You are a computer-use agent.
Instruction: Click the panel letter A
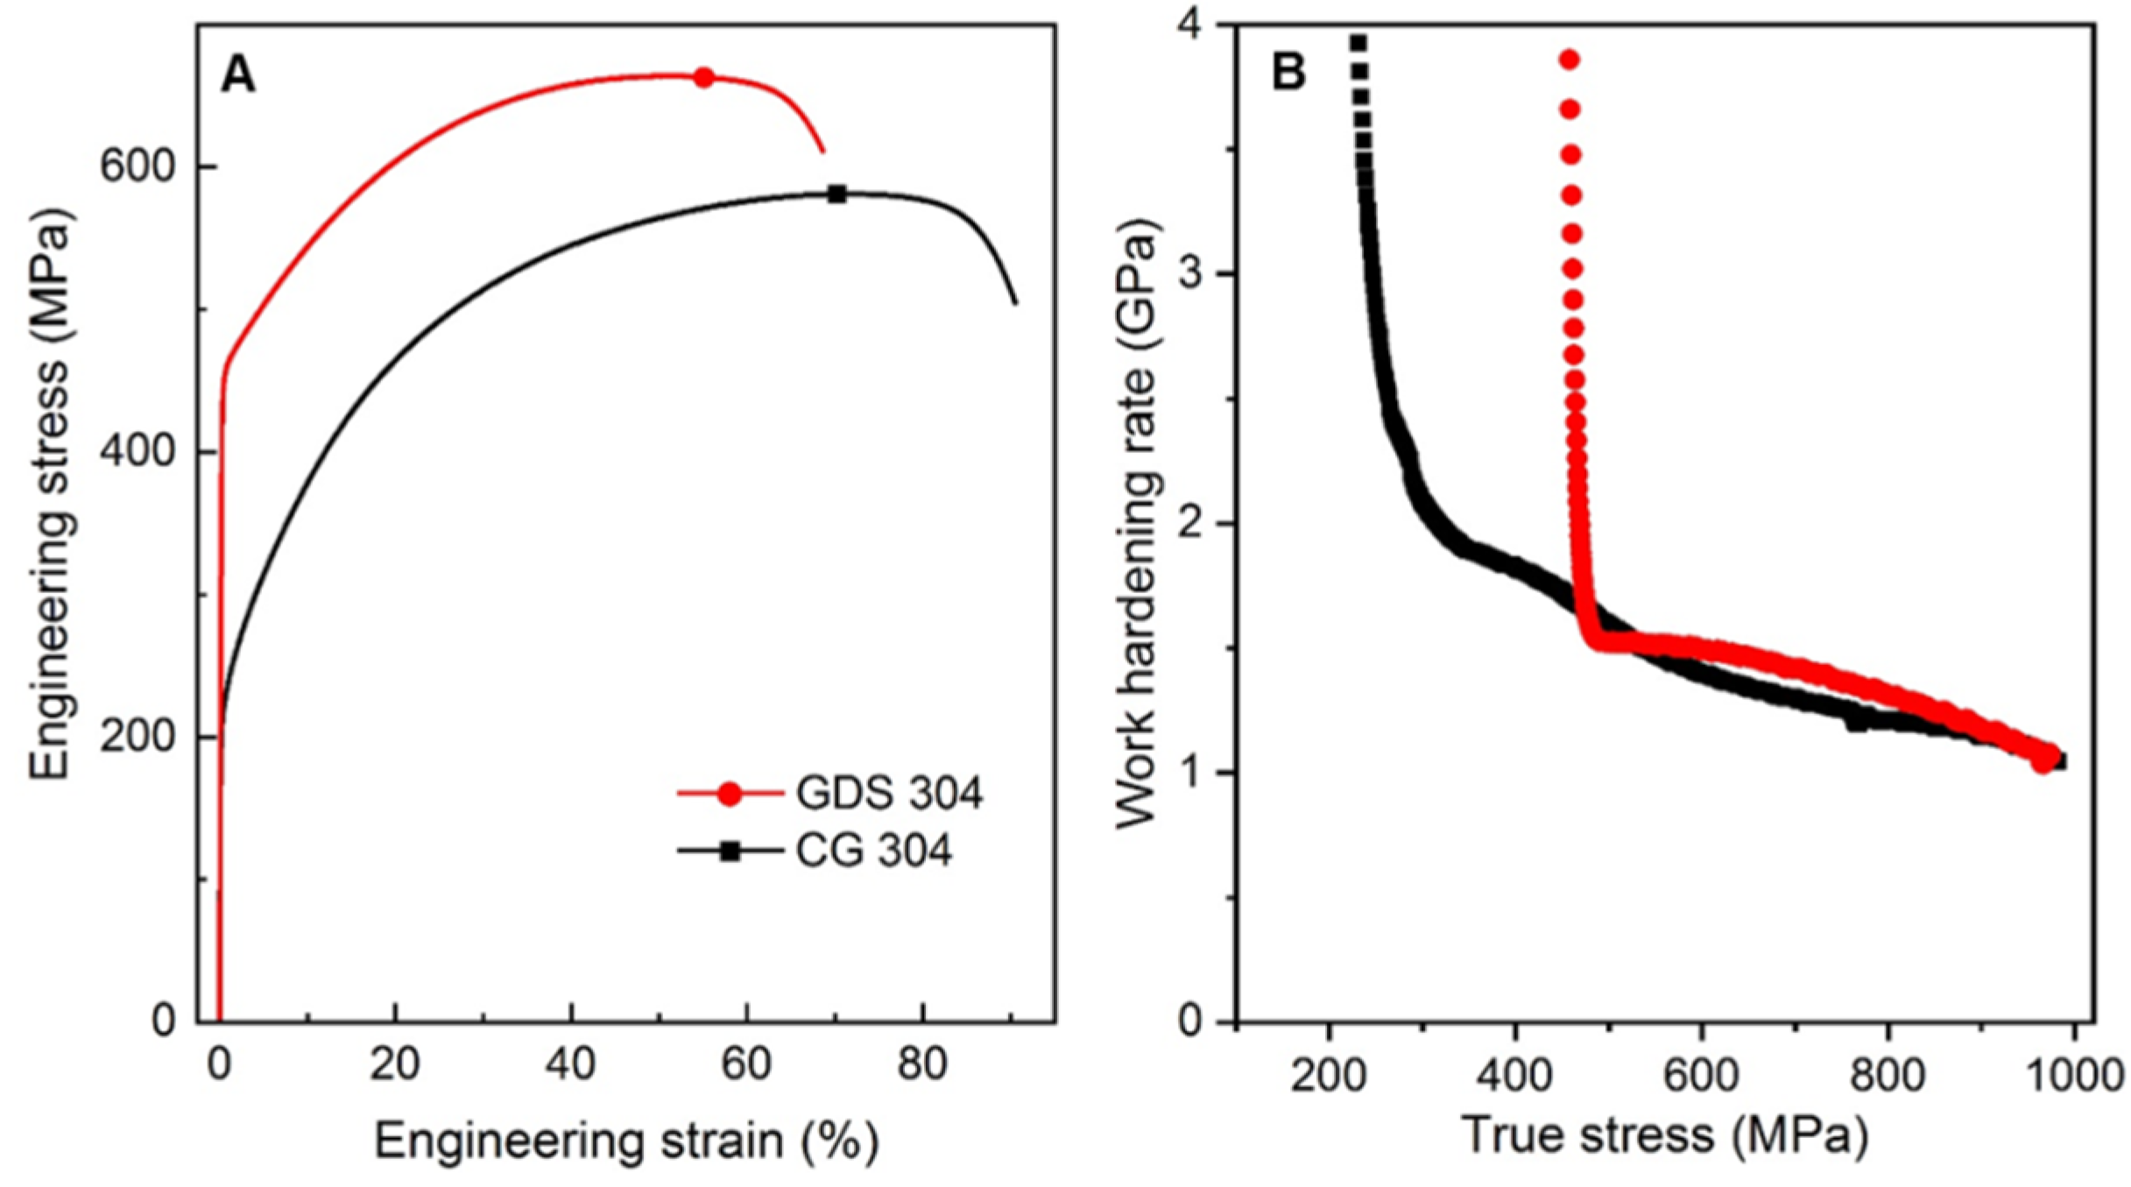coord(237,75)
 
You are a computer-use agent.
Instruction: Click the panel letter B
coord(1288,72)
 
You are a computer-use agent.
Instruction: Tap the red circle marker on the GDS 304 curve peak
coord(703,77)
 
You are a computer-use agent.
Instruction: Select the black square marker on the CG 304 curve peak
coord(837,194)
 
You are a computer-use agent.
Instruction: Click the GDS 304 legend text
coord(889,794)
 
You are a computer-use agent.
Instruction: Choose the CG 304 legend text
coord(873,851)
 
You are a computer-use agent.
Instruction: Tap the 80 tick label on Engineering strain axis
coord(922,1065)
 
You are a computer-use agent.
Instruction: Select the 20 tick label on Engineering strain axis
coord(395,1065)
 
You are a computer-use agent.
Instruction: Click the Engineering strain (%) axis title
coord(626,1141)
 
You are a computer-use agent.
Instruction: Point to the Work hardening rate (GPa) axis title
coord(1136,523)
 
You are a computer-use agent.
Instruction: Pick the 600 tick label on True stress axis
coord(1701,1074)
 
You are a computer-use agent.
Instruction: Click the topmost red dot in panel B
coord(1569,60)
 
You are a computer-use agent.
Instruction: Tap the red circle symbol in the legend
coord(729,794)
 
